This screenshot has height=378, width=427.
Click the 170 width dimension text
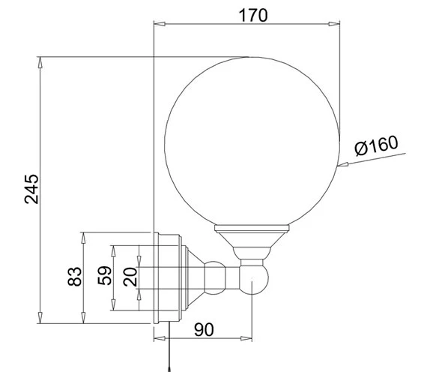click(253, 15)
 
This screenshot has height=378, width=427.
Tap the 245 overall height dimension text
click(31, 189)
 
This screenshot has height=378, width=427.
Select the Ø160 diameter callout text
click(376, 145)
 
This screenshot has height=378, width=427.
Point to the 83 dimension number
click(75, 277)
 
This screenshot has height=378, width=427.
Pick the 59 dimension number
click(104, 275)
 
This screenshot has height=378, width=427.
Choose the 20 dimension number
click(130, 277)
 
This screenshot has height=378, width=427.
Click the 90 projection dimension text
click(204, 329)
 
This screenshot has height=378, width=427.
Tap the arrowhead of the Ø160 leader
click(342, 164)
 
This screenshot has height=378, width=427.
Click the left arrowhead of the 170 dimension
click(160, 24)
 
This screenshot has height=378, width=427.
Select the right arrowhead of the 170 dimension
click(334, 24)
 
